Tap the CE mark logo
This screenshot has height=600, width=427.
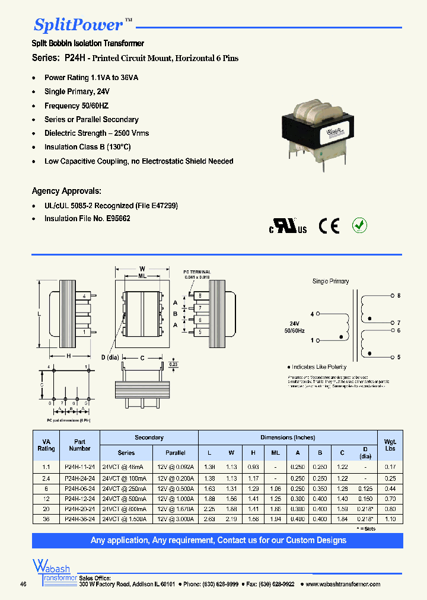pyautogui.click(x=328, y=226)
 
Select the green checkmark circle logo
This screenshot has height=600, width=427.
pyautogui.click(x=360, y=225)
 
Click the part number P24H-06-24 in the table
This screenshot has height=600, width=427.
pyautogui.click(x=79, y=489)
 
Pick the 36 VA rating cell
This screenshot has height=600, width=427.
pyautogui.click(x=46, y=519)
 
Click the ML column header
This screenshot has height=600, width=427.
pyautogui.click(x=276, y=452)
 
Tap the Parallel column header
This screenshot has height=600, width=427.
pyautogui.click(x=176, y=452)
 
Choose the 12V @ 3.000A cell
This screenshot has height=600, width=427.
pyautogui.click(x=176, y=519)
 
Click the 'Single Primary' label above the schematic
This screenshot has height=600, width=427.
pyautogui.click(x=330, y=281)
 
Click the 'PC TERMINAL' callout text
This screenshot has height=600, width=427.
pyautogui.click(x=197, y=272)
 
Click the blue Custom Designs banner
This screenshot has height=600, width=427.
pyautogui.click(x=218, y=541)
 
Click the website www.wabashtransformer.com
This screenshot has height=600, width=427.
pyautogui.click(x=343, y=585)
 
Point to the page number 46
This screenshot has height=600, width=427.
pyautogui.click(x=23, y=585)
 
